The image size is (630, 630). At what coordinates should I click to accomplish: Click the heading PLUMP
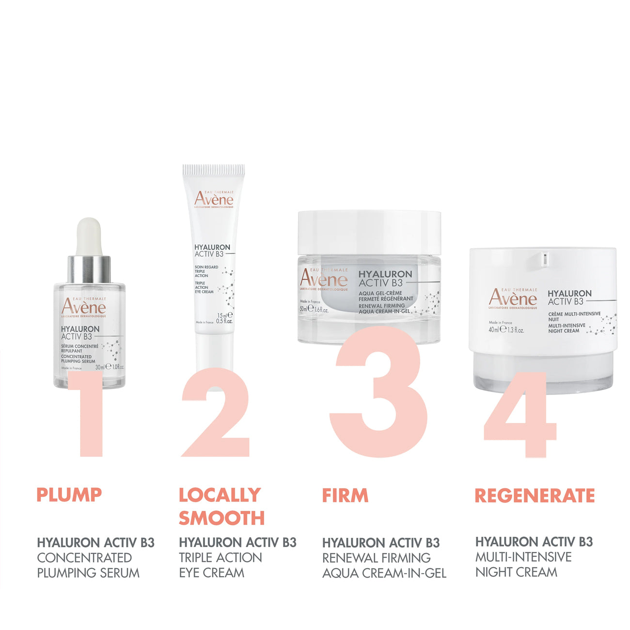tap(69, 495)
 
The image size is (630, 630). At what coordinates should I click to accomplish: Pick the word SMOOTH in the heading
tap(221, 518)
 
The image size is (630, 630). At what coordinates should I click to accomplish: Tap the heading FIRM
tap(345, 495)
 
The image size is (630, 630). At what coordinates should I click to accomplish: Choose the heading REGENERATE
tap(535, 495)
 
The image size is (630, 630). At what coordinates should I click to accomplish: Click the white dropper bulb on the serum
tap(89, 236)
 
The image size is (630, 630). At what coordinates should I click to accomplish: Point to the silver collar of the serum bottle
tap(89, 269)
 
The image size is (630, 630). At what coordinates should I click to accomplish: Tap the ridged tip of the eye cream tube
tap(214, 171)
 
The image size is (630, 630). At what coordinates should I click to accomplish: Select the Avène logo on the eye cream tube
tap(214, 199)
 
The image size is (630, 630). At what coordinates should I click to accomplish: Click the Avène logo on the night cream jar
tap(513, 298)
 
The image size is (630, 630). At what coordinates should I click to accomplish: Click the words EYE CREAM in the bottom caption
tap(212, 573)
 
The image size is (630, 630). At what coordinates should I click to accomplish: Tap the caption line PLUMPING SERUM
tap(88, 573)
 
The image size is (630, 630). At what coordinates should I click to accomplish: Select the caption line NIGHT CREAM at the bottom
tap(516, 572)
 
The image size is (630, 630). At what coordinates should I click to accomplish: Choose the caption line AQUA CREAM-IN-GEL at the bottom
tap(384, 573)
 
